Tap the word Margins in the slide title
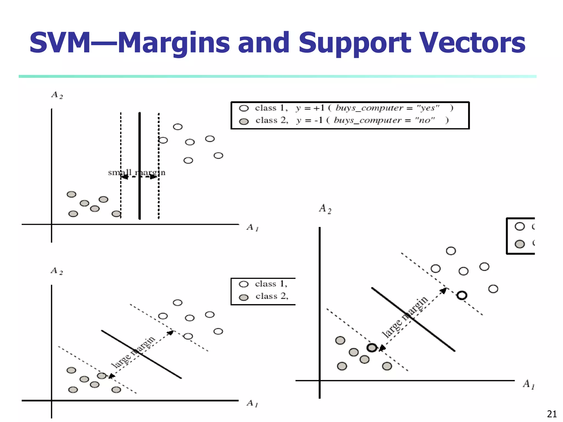[x=174, y=43]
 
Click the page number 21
[x=552, y=414]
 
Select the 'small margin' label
[x=137, y=173]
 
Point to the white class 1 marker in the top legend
[x=244, y=108]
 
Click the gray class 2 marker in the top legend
[x=244, y=121]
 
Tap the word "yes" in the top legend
[x=428, y=108]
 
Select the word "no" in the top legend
[x=425, y=120]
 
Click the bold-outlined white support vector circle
[x=462, y=295]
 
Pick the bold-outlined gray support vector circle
[x=372, y=348]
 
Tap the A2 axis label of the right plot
[x=325, y=209]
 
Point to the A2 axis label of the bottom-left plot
[x=57, y=271]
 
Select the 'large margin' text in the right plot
[x=405, y=317]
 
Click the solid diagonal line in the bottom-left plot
[x=141, y=354]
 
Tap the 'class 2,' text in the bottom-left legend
[x=272, y=296]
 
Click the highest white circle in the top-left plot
[x=178, y=127]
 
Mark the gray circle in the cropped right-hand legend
[x=520, y=244]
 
